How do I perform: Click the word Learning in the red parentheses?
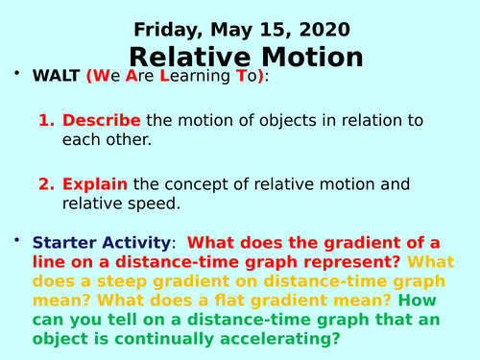[x=197, y=77]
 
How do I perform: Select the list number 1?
[x=44, y=121]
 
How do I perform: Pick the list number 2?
[x=44, y=183]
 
